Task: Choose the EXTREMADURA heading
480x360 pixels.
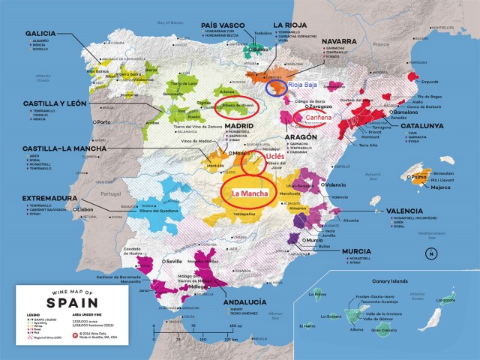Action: (39, 199)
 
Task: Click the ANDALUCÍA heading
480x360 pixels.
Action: (259, 304)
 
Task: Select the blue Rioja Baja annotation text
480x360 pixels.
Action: (302, 87)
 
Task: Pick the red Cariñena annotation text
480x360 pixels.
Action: (310, 116)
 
